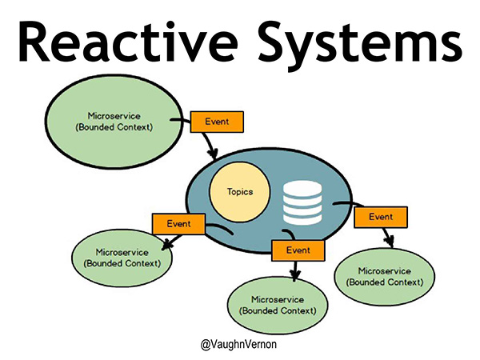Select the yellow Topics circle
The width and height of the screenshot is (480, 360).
pos(240,193)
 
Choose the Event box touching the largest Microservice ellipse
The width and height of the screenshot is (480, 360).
pos(214,122)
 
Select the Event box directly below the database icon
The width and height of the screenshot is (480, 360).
pos(298,250)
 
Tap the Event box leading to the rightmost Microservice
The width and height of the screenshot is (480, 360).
pos(380,216)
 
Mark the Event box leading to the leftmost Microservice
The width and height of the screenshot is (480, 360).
pos(176,223)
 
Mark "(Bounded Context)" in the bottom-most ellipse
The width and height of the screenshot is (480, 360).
pos(278,310)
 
